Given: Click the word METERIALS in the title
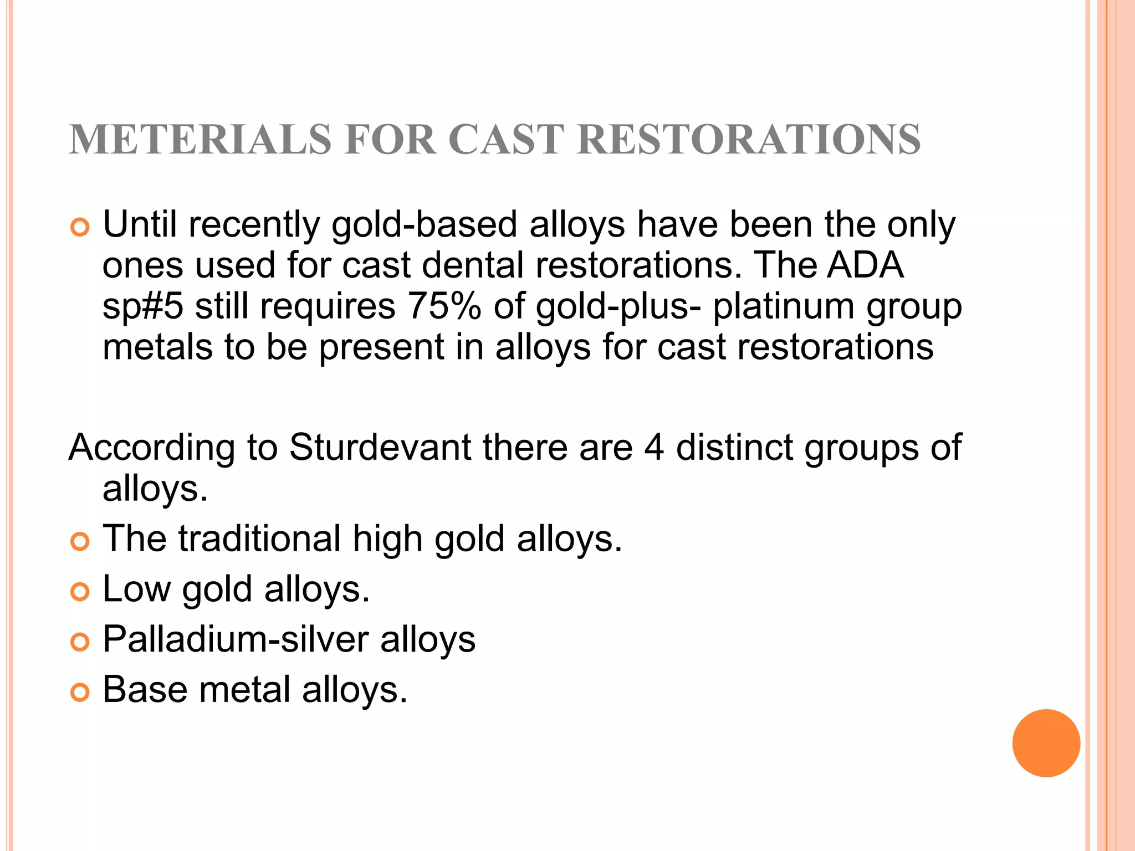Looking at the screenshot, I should [x=200, y=139].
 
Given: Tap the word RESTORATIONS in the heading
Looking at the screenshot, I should [x=748, y=139].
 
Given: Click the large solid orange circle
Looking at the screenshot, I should [x=1046, y=743].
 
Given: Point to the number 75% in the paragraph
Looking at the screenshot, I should [x=444, y=306].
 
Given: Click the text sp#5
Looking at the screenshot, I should [x=142, y=306].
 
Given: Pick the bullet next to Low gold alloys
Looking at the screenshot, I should [x=80, y=592].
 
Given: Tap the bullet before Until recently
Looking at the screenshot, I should [x=80, y=227].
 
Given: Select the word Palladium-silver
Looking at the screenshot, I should [x=236, y=639].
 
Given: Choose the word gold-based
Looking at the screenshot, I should [x=424, y=224].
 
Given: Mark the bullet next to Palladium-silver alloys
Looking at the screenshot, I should [x=80, y=642].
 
